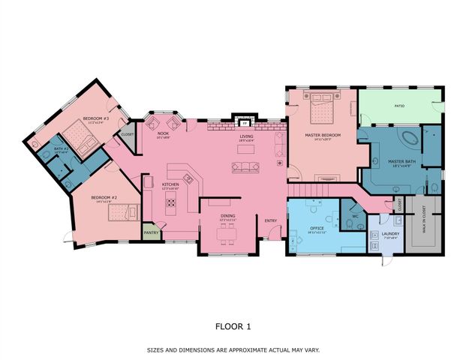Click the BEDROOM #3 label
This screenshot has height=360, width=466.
[x=96, y=118]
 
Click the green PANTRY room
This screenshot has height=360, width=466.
[x=151, y=232]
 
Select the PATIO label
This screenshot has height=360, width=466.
[x=399, y=106]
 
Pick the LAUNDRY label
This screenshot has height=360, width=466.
[x=389, y=233]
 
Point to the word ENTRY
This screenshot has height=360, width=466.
[x=270, y=220]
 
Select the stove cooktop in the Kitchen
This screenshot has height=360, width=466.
[x=171, y=200]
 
